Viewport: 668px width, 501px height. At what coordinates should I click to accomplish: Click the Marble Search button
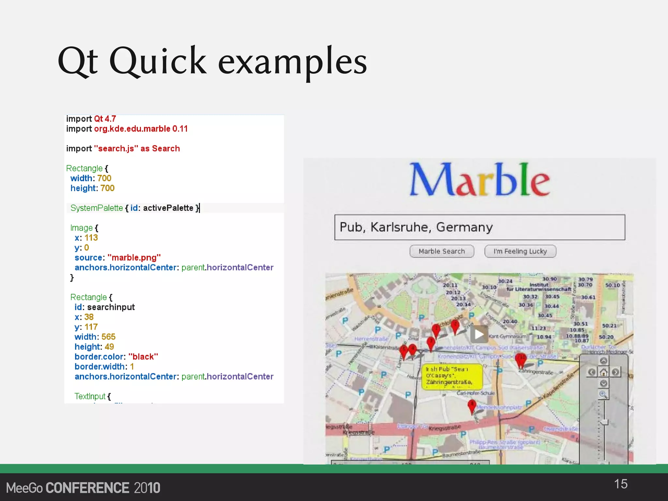(442, 251)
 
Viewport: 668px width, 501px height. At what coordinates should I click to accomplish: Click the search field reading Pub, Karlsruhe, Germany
(479, 227)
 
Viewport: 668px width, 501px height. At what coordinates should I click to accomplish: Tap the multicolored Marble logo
(479, 180)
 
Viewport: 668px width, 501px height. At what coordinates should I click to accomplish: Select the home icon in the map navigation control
(603, 372)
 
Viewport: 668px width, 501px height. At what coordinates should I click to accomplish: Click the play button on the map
(479, 334)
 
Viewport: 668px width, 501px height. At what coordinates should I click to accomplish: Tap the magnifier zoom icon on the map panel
(603, 394)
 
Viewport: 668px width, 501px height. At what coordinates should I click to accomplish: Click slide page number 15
(620, 484)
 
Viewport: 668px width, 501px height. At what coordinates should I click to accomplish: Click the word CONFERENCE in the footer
(87, 488)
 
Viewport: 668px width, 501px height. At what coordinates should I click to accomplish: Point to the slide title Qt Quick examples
(212, 61)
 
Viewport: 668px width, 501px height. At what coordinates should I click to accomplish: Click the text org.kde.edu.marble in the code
(132, 129)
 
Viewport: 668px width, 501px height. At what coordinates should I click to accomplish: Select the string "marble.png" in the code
(134, 258)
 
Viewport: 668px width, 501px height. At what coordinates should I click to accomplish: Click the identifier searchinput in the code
(111, 307)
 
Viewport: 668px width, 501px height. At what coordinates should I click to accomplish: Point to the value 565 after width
(108, 337)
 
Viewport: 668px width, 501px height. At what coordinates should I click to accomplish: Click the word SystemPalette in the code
(97, 208)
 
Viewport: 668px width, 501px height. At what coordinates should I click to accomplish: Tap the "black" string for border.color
(143, 357)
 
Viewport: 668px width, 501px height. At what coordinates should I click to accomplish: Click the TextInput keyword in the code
(90, 396)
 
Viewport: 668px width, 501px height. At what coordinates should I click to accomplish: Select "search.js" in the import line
(116, 149)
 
